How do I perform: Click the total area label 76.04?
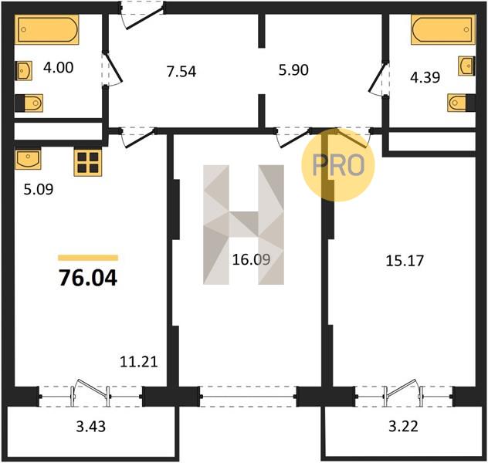88,278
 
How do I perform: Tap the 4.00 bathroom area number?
59,67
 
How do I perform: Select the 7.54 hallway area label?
181,72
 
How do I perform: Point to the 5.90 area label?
293,70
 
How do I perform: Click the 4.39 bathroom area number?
425,77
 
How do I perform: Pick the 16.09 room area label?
252,259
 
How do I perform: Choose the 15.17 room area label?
405,261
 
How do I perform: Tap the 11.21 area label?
139,362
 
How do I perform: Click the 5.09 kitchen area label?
39,189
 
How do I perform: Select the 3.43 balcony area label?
91,427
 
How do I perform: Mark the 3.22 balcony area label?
403,426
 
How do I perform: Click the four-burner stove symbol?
88,163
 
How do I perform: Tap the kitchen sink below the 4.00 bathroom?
28,159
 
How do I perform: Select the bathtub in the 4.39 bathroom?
443,29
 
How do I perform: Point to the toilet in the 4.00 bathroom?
29,103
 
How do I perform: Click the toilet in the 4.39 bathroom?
461,103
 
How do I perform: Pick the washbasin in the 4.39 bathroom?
466,66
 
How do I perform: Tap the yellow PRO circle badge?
338,165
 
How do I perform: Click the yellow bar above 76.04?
88,258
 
